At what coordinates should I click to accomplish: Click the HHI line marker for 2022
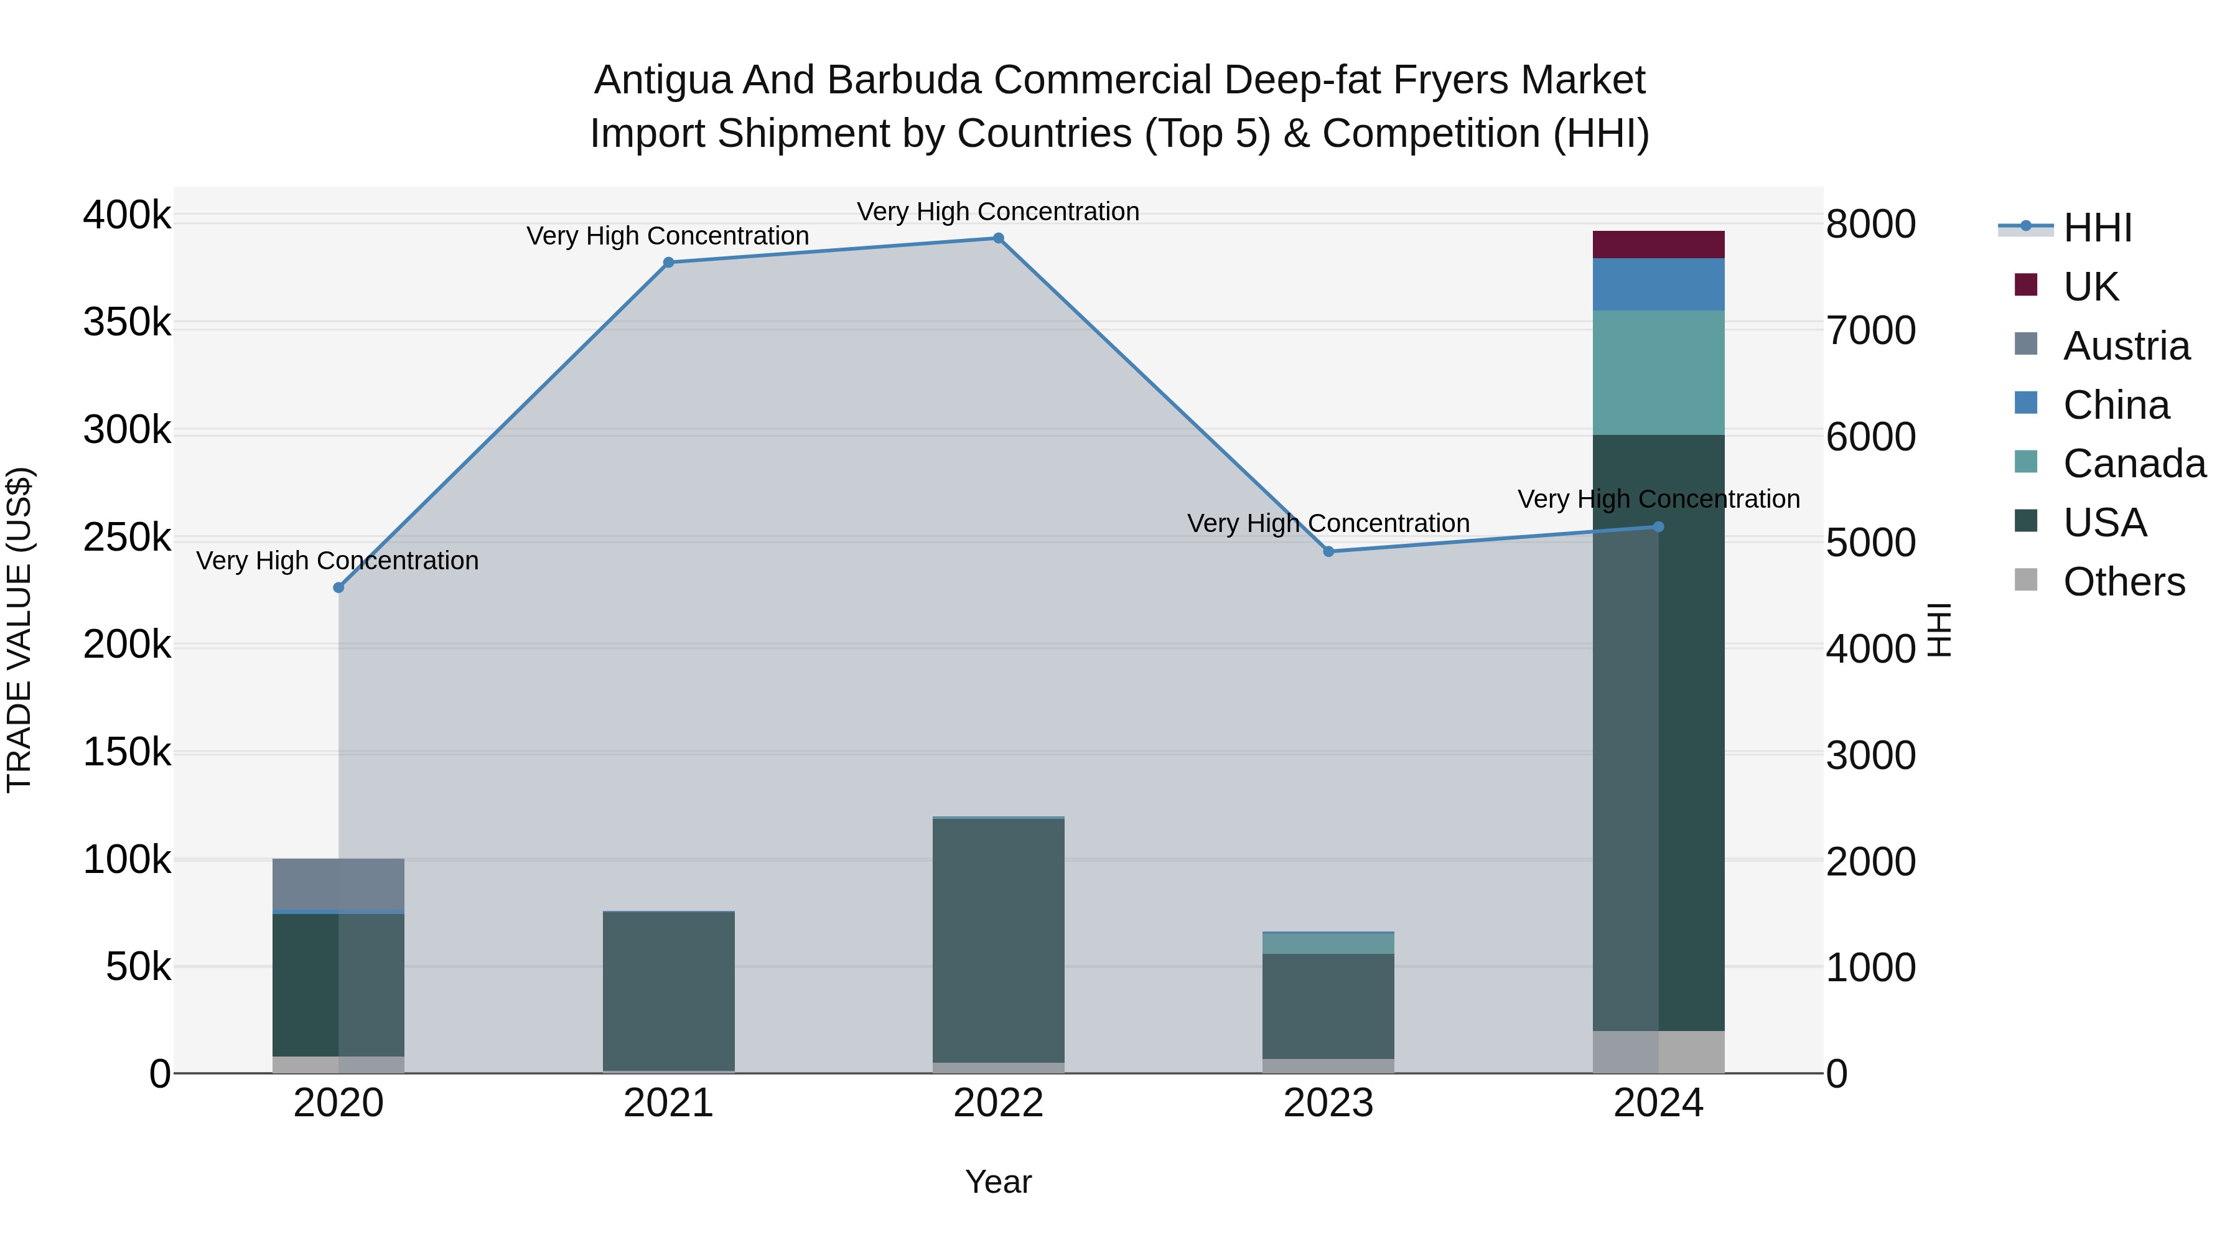(x=998, y=238)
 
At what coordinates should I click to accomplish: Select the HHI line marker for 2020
(x=338, y=588)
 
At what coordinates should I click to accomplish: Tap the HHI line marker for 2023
(x=1328, y=551)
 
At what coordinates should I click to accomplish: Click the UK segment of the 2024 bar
(x=1658, y=245)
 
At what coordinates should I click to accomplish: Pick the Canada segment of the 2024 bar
(x=1658, y=372)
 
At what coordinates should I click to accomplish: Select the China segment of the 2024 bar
(x=1658, y=284)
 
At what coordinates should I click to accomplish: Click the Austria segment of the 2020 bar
(x=338, y=884)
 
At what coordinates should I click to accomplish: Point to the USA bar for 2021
(x=668, y=991)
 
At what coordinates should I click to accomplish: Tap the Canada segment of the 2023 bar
(x=1328, y=943)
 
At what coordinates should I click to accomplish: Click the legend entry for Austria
(x=2126, y=346)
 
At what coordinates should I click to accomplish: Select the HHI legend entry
(x=2096, y=228)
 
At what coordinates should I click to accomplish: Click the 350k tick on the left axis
(x=127, y=322)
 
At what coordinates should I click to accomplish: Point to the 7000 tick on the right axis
(x=1870, y=330)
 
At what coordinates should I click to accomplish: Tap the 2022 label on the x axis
(x=998, y=1103)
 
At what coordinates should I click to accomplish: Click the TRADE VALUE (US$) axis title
(x=19, y=630)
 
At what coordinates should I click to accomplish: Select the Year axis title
(x=998, y=1182)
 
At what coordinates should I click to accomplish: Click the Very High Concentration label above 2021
(x=668, y=236)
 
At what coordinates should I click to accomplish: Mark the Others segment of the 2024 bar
(x=1658, y=1052)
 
